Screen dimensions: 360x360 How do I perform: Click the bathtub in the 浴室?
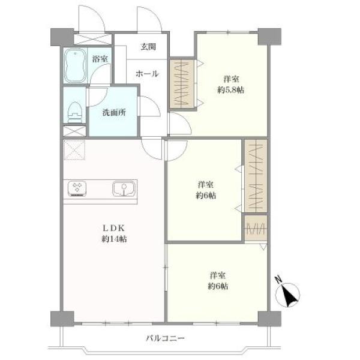point(75,65)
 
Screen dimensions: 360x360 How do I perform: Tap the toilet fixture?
point(75,112)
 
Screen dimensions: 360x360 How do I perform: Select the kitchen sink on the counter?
point(124,188)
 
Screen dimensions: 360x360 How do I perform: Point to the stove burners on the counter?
point(77,188)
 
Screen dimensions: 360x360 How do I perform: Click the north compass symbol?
point(287,295)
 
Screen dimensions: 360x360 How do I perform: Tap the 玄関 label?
point(148,47)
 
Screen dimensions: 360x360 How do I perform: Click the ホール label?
point(147,74)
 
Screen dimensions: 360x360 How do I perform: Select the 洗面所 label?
point(114,112)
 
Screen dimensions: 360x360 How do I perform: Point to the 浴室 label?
point(100,59)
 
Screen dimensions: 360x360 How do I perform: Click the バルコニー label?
point(166,338)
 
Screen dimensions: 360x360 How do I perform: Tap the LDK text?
point(113,228)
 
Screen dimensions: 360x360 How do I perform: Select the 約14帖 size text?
point(114,239)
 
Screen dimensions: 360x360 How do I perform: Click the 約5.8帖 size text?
point(231,90)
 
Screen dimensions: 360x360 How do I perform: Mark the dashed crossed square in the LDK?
point(74,150)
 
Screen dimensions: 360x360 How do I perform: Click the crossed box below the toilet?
point(74,131)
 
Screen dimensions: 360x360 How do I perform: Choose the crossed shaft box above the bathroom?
point(93,39)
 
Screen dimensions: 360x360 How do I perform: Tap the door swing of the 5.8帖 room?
point(180,124)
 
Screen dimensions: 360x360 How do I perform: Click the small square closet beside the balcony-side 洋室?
point(256,228)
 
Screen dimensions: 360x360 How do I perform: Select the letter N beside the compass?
point(279,280)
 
